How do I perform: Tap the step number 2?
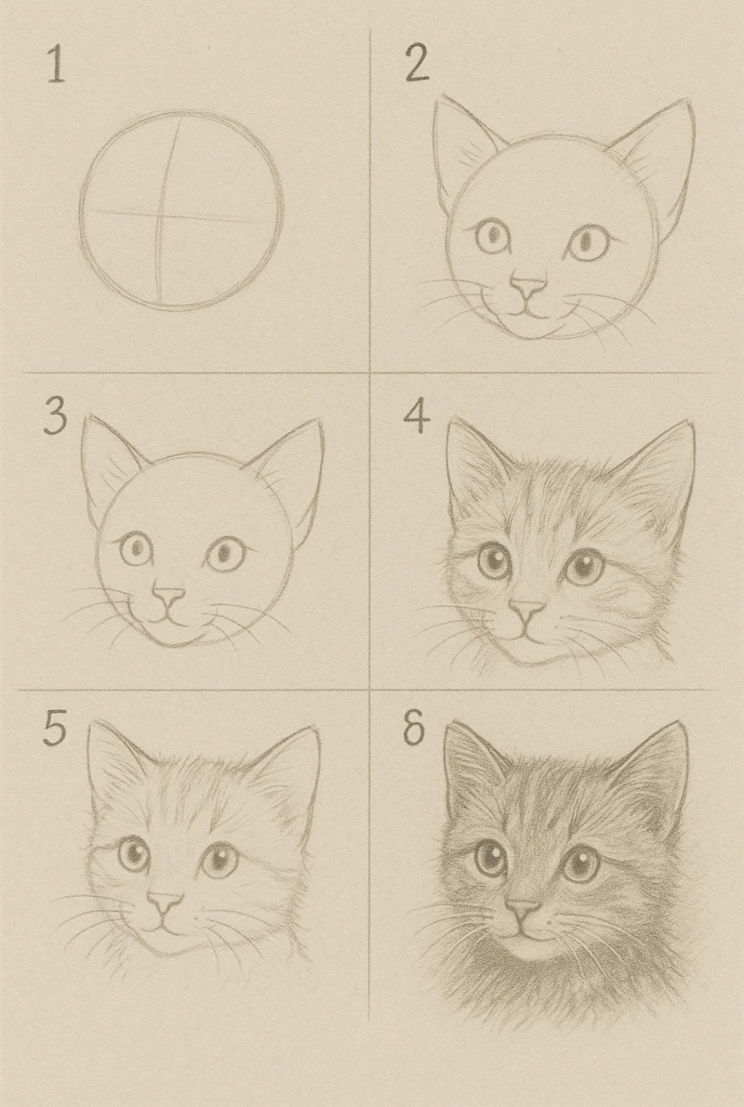[416, 66]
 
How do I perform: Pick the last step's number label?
[414, 731]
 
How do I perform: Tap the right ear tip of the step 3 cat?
[320, 422]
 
